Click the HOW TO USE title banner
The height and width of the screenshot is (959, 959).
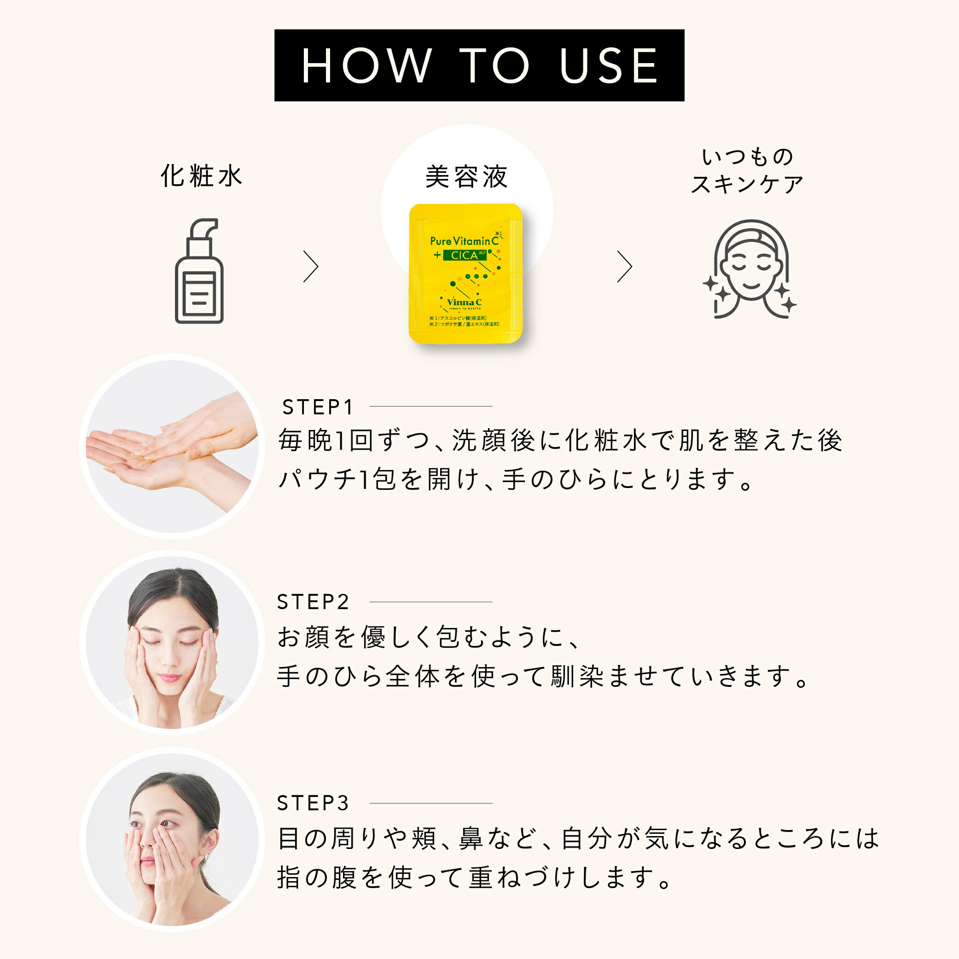pos(479,65)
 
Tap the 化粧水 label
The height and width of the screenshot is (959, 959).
pos(201,176)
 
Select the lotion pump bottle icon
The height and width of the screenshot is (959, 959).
pos(199,271)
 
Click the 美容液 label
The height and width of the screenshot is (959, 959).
pos(466,177)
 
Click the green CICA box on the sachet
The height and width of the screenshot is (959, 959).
pos(464,255)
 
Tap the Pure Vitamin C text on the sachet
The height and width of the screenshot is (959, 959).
pos(464,241)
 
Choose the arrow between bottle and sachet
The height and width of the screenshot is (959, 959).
pos(311,267)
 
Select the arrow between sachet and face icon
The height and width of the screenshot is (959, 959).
pos(624,267)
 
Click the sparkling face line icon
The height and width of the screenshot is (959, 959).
pos(750,269)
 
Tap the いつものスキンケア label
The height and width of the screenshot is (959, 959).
pos(747,170)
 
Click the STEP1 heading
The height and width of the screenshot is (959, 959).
pos(318,407)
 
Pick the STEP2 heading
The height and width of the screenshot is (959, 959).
pos(313,602)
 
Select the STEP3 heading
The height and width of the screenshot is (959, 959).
pos(313,803)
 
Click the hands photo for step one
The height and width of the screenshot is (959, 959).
pos(172,446)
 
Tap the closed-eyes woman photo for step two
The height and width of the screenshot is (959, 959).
pos(172,643)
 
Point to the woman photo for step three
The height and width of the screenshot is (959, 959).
pos(172,839)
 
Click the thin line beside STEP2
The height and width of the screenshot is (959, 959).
pos(431,602)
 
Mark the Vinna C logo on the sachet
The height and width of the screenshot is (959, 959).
pos(464,302)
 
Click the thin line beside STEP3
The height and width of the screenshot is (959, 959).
pos(431,803)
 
